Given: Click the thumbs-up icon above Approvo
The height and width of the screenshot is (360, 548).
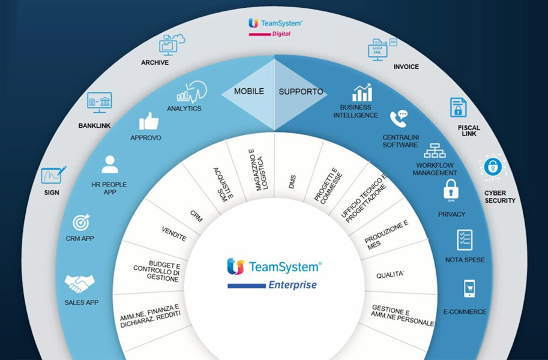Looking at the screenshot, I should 149,121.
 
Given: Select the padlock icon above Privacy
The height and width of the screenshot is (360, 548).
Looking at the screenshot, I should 451,190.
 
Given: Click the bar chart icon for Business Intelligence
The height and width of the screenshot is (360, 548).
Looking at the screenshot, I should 362,93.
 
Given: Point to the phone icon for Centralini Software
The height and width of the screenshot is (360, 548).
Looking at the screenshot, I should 399,118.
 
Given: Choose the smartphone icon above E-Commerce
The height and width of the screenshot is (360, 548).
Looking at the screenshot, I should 468,289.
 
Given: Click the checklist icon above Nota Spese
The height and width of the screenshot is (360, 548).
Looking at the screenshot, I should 464,239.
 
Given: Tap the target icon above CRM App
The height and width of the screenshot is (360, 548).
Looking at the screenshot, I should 81,223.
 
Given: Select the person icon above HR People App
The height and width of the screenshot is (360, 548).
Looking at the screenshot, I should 110,164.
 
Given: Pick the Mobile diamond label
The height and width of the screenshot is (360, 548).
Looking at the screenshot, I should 248,92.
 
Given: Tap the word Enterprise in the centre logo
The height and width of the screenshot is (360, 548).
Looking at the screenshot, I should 292,285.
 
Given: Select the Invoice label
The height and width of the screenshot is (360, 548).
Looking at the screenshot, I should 406,67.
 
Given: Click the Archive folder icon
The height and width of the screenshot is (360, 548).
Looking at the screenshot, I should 170,44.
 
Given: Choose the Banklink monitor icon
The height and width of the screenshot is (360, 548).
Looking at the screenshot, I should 98,103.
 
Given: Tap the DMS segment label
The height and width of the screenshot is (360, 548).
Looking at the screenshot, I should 292,182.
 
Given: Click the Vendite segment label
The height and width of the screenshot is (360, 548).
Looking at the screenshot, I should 174,234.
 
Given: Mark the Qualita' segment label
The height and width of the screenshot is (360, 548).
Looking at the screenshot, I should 390,275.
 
